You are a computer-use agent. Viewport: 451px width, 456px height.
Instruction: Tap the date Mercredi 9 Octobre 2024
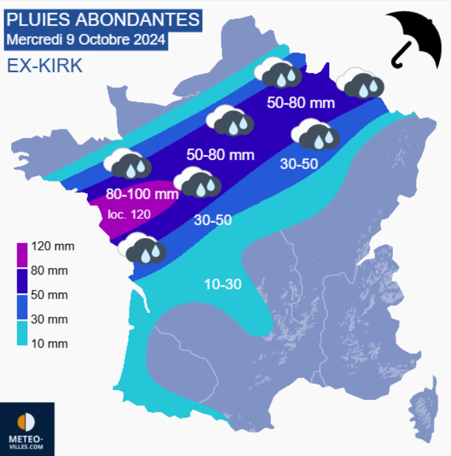coord(86,39)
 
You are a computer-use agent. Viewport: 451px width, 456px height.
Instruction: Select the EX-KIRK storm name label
coord(44,65)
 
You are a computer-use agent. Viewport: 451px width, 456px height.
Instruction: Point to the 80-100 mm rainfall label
coord(142,194)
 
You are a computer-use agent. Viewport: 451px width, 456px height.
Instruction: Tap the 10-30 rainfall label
coord(223,284)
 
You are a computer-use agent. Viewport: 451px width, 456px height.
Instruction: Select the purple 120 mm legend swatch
coord(22,253)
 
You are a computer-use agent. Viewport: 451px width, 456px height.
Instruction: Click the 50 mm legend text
coord(49,295)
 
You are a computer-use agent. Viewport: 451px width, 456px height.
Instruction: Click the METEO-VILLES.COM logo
coord(27,429)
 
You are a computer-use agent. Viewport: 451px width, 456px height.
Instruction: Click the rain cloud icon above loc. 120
coord(127,163)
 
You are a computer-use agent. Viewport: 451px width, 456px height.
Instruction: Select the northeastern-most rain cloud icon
coord(360,83)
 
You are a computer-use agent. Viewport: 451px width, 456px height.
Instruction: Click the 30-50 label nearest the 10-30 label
coord(213,221)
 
